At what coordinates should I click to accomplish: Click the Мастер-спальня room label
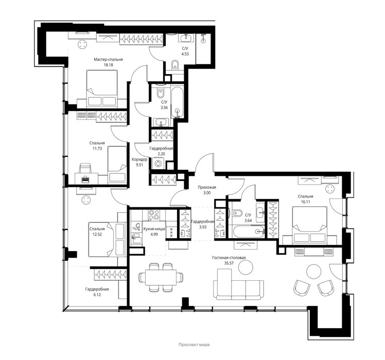[108, 59]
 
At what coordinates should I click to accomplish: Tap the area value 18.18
[108, 65]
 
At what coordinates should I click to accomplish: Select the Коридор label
[139, 159]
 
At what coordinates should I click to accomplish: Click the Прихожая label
[207, 188]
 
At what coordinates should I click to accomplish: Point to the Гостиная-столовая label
[229, 258]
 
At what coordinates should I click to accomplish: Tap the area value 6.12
[97, 295]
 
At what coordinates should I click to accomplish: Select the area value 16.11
[305, 202]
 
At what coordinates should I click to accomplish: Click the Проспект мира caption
[194, 345]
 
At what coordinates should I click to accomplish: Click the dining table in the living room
[161, 277]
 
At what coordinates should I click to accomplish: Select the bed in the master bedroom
[102, 88]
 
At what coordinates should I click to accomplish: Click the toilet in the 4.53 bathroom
[175, 65]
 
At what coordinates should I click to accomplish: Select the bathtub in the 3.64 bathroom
[248, 231]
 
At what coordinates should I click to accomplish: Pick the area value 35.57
[229, 263]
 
